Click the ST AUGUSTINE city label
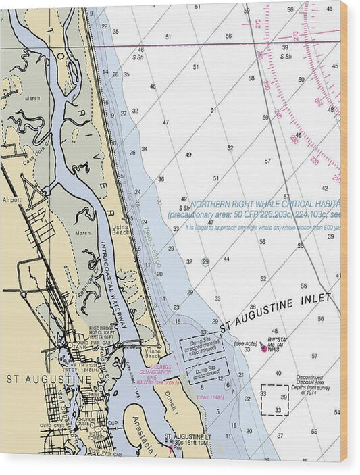tap(49, 380)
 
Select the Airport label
tap(12, 201)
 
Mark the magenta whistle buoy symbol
tap(262, 345)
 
